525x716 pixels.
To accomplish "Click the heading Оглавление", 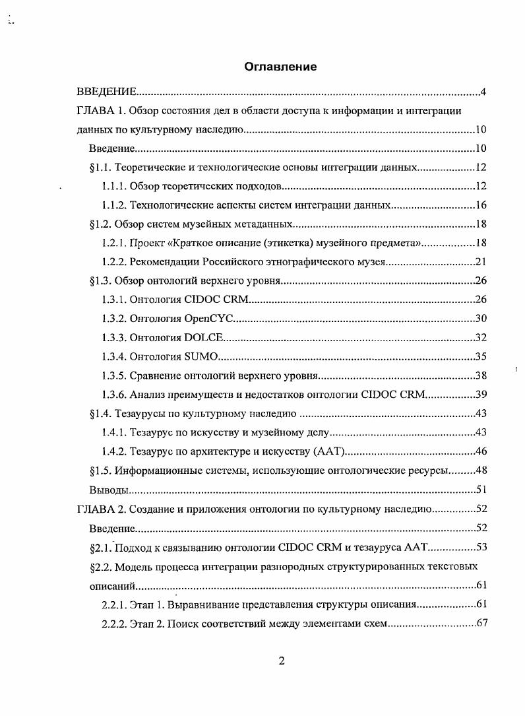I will [x=280, y=67].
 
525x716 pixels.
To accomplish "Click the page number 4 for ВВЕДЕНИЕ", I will [x=483, y=92].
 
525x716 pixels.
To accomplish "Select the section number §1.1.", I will [x=104, y=168].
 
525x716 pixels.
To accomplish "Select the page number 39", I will [x=481, y=395].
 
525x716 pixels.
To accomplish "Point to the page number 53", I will [x=481, y=547].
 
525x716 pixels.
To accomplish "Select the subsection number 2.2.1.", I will [x=113, y=604].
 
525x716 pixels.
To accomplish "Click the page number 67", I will [x=481, y=624].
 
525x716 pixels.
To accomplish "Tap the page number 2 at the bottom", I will [x=282, y=662].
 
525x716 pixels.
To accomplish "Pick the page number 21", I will [x=481, y=262].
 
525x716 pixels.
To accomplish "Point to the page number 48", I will [x=481, y=471].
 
